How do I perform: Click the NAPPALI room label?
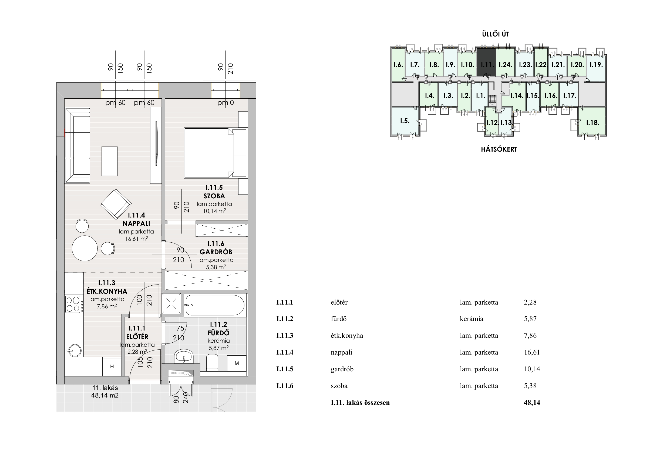[x=136, y=224]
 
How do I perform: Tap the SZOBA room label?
[x=214, y=196]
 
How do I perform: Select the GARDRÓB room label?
[x=216, y=252]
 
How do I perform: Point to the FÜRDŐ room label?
[x=218, y=333]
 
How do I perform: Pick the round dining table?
[x=85, y=248]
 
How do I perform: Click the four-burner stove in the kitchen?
[x=73, y=304]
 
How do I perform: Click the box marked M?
[x=237, y=363]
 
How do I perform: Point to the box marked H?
[x=112, y=367]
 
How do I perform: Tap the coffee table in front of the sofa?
[x=109, y=161]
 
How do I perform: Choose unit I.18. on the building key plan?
[x=593, y=122]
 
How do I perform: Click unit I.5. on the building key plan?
[x=405, y=121]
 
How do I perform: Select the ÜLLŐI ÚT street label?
[x=496, y=34]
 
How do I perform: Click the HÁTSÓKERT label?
[x=499, y=149]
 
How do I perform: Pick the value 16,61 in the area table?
[x=532, y=352]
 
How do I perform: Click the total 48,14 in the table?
[x=532, y=402]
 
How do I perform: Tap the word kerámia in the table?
[x=472, y=319]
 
